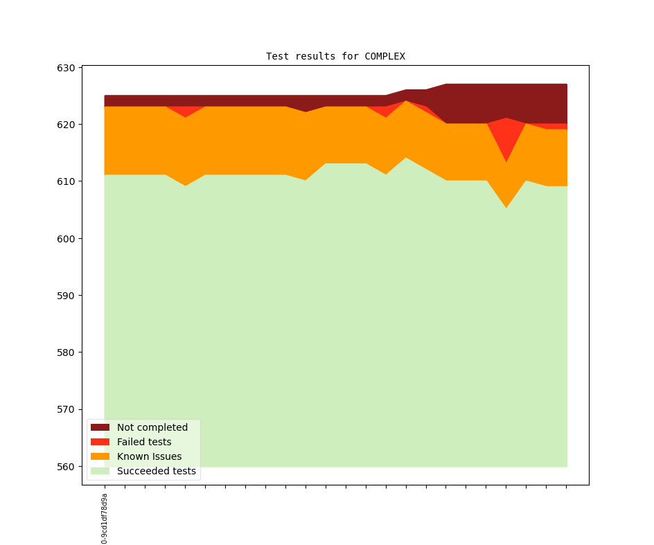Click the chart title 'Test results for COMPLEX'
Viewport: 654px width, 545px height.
[x=335, y=56]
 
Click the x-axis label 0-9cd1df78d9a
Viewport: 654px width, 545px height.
[x=105, y=518]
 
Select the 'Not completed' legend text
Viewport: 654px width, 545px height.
[x=152, y=427]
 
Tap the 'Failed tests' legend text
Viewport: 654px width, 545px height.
[x=144, y=442]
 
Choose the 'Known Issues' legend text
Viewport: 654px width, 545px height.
[x=149, y=456]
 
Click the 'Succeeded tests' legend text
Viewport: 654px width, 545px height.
[x=157, y=471]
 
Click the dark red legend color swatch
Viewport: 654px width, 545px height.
[x=100, y=427]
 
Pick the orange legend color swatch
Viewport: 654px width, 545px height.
[x=100, y=456]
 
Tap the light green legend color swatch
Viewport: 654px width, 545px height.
[x=100, y=471]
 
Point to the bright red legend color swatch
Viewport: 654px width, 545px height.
[x=100, y=442]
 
